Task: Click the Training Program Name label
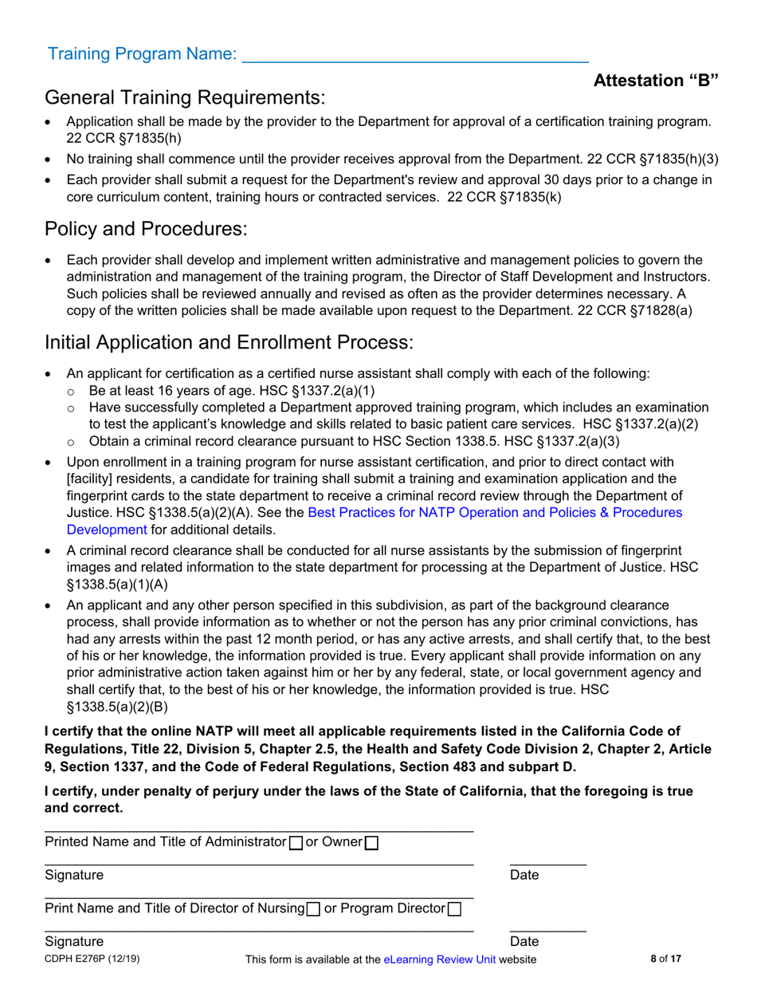tap(142, 54)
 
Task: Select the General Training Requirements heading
tap(185, 98)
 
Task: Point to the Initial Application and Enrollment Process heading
tap(229, 343)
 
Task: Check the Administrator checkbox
tap(294, 842)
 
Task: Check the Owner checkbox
tap(371, 842)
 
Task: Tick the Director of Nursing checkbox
tap(314, 908)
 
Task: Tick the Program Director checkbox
tap(454, 908)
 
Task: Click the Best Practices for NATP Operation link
tap(494, 512)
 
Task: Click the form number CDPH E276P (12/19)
tap(84, 959)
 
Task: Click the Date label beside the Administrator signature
tap(524, 875)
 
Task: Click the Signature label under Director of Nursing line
tap(74, 941)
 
